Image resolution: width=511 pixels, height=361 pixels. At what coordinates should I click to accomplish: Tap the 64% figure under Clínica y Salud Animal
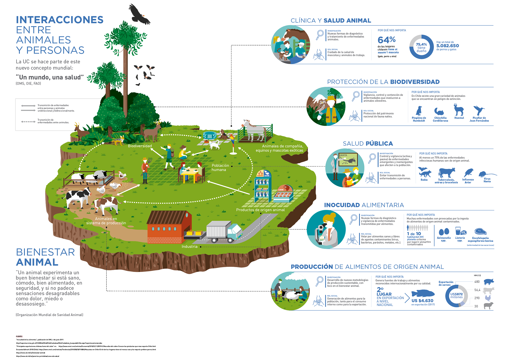pos(386,40)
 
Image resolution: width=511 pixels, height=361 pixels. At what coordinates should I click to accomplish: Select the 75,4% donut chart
pos(421,47)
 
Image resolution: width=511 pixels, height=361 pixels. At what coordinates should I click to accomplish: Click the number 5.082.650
pos(448,46)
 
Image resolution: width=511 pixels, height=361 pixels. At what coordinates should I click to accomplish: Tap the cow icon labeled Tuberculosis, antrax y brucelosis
pos(447,173)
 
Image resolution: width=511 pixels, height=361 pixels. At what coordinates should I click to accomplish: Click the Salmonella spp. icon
pos(444,232)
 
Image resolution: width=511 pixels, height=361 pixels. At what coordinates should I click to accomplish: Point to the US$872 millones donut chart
pos(456,296)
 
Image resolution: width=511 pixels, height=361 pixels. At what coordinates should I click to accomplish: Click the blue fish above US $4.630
pos(423,293)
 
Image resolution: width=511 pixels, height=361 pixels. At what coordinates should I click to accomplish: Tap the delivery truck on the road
pos(224,232)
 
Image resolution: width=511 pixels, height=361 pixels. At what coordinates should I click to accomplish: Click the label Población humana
pos(220,167)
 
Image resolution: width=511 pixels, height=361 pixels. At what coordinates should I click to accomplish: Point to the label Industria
pos(189,247)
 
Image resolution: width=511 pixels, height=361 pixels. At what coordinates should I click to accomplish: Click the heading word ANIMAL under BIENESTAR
pos(37,262)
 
